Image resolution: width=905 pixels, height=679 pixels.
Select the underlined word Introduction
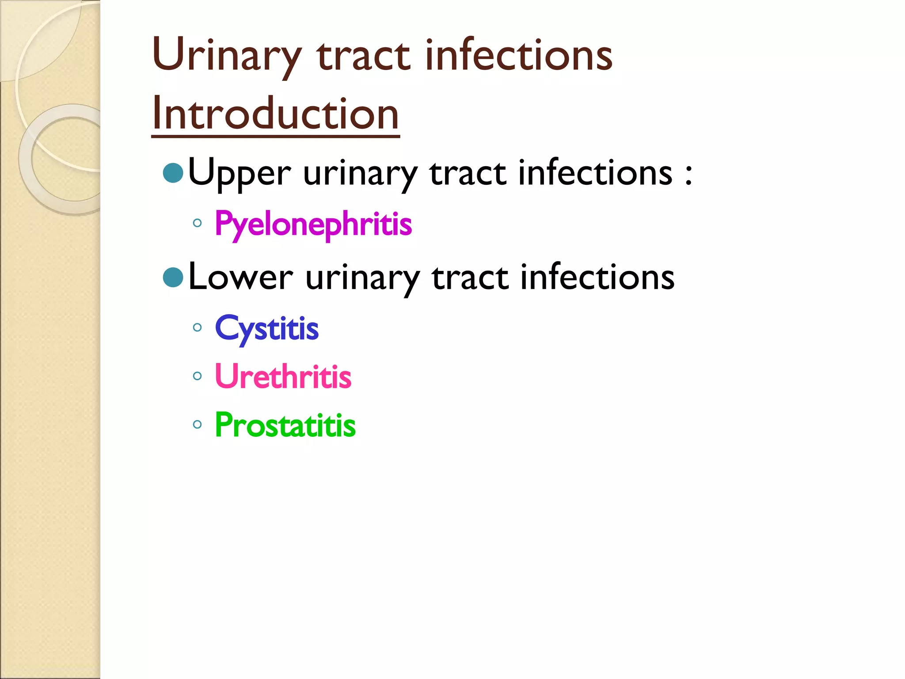275,114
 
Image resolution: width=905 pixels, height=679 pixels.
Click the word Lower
240,278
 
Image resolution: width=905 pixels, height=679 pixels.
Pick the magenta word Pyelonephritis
313,224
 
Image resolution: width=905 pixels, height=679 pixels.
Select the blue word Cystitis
266,329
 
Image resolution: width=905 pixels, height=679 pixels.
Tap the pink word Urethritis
283,377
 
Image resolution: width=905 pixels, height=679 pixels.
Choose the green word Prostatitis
285,425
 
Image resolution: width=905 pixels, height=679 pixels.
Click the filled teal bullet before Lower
173,278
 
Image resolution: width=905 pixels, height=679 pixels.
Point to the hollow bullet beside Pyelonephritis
198,223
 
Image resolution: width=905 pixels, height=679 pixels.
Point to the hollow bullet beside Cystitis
198,328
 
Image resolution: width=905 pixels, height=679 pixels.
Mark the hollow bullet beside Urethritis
198,376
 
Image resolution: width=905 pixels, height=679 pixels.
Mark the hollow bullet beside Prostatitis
198,425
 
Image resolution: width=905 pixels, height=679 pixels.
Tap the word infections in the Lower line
597,278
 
